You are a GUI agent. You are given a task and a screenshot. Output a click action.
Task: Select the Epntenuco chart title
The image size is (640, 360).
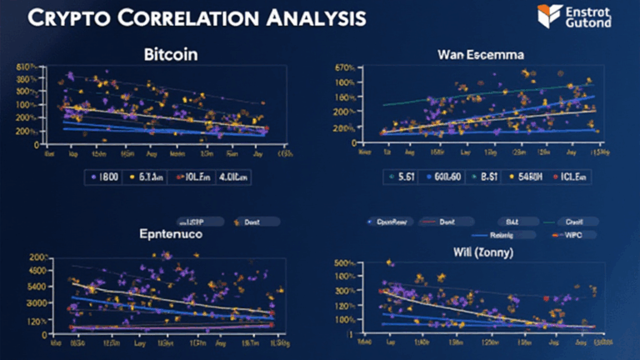tap(172, 236)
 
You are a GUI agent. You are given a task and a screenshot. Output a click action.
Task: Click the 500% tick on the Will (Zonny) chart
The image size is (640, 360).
tap(345, 264)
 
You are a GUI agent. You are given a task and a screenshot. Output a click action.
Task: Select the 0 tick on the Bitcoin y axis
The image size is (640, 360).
tap(36, 144)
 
